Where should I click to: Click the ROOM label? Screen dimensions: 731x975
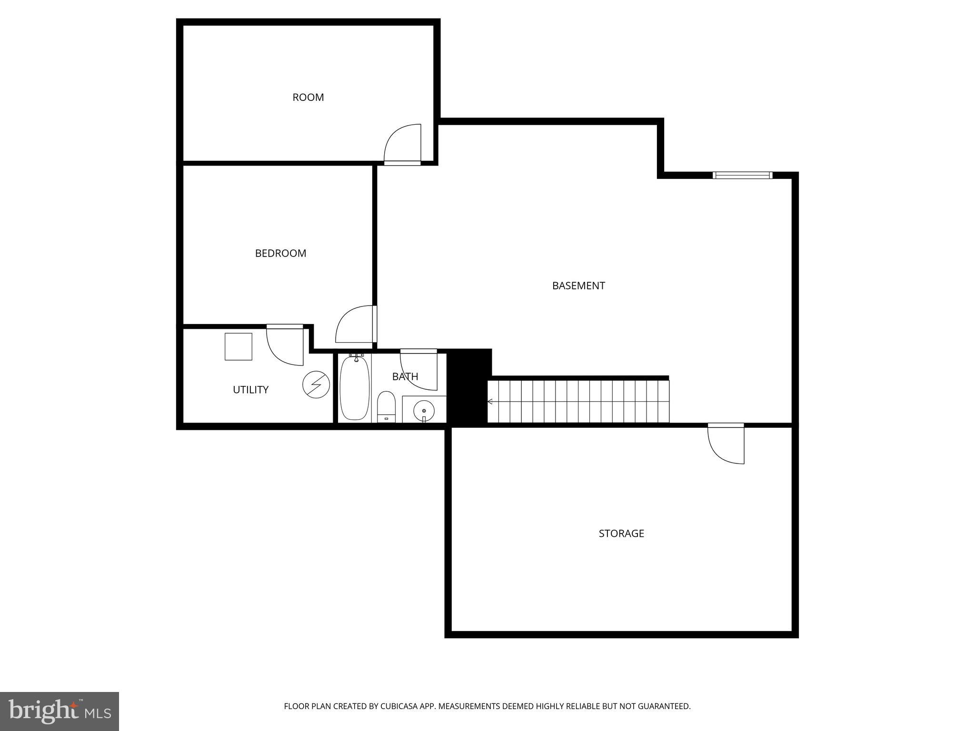pyautogui.click(x=308, y=98)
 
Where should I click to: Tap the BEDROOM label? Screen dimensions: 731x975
pyautogui.click(x=280, y=253)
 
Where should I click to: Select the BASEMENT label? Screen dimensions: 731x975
pyautogui.click(x=578, y=286)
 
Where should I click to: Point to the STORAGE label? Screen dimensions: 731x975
pyautogui.click(x=621, y=533)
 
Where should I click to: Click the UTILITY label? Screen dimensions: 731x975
pyautogui.click(x=250, y=390)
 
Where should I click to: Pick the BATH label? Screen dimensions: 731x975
pyautogui.click(x=405, y=376)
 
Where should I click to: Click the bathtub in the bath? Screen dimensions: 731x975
pyautogui.click(x=355, y=388)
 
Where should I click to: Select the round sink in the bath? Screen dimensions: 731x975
pyautogui.click(x=424, y=410)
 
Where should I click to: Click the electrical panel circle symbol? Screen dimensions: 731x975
pyautogui.click(x=316, y=385)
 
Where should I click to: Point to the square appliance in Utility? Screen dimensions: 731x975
pyautogui.click(x=239, y=346)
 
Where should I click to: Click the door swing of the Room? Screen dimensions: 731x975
pyautogui.click(x=403, y=143)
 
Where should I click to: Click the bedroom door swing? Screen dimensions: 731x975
pyautogui.click(x=355, y=324)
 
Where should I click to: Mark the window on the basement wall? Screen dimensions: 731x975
pyautogui.click(x=742, y=175)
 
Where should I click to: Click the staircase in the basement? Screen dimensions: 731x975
pyautogui.click(x=578, y=401)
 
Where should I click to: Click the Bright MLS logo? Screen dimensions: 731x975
pyautogui.click(x=60, y=711)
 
